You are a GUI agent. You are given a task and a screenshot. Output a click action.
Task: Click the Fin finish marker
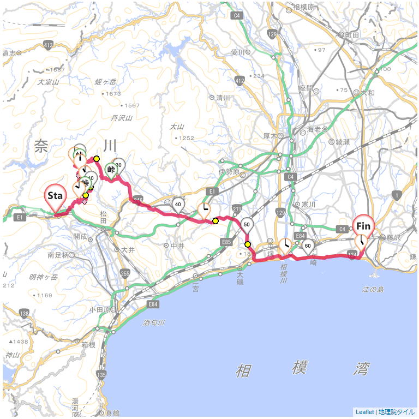(x=364, y=226)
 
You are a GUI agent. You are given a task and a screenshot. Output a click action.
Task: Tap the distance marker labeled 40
(x=178, y=205)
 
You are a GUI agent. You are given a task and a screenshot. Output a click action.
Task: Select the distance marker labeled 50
(x=247, y=224)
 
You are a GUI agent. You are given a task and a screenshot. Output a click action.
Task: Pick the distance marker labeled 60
(x=308, y=246)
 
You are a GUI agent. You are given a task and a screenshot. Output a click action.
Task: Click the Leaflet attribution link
(x=364, y=412)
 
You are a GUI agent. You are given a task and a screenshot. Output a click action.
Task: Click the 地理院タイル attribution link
(x=397, y=412)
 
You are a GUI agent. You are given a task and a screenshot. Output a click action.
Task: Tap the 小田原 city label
(x=99, y=309)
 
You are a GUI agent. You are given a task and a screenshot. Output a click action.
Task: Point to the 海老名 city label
(x=317, y=129)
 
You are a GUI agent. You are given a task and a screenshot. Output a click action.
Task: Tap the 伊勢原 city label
(x=229, y=172)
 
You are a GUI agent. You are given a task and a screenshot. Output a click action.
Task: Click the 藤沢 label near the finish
(x=393, y=238)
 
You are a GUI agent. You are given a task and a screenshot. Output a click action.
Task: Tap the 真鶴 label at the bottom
(x=112, y=413)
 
